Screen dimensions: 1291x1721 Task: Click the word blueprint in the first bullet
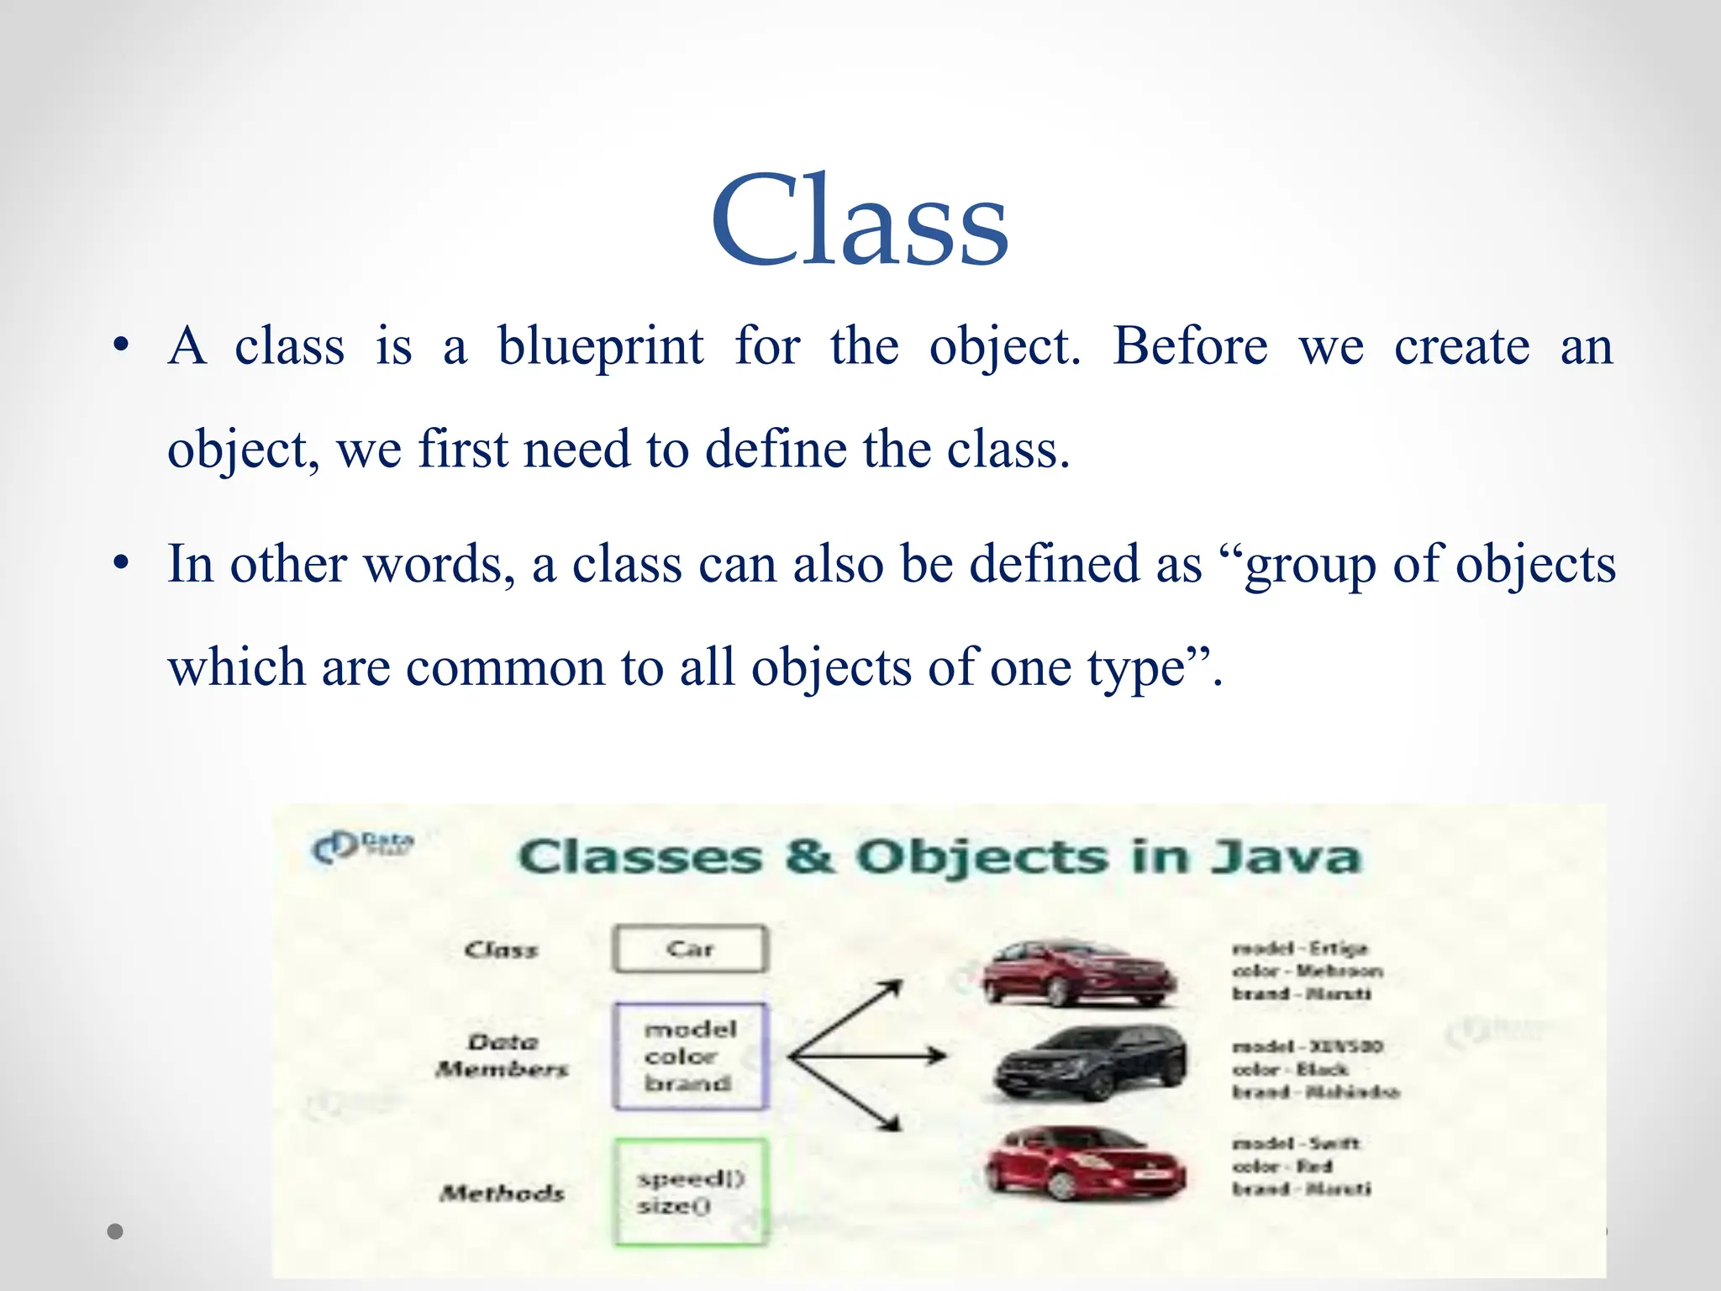coord(600,347)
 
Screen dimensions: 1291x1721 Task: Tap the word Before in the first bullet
coord(1190,345)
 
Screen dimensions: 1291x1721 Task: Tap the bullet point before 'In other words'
coord(121,563)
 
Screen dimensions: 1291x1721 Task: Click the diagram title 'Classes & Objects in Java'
coord(938,857)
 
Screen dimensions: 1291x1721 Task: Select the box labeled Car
coord(690,949)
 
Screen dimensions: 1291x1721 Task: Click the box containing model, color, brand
coord(690,1057)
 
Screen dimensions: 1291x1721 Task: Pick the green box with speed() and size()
coord(690,1192)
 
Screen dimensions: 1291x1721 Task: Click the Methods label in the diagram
coord(502,1193)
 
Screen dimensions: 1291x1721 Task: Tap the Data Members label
coord(502,1056)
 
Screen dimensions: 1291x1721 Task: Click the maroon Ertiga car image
coord(1079,973)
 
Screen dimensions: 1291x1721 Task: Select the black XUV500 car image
coord(1089,1063)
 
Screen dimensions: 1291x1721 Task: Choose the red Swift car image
coord(1084,1164)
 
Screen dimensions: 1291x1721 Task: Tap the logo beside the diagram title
coord(361,846)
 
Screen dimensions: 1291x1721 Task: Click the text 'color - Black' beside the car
coord(1290,1070)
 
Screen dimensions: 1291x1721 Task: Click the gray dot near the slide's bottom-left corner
coord(116,1231)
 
